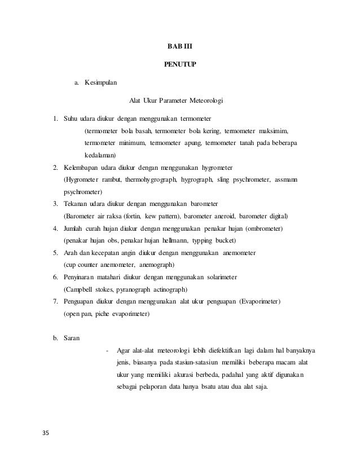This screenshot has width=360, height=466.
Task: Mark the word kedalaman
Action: point(100,155)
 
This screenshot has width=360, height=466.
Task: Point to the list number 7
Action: point(55,301)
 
